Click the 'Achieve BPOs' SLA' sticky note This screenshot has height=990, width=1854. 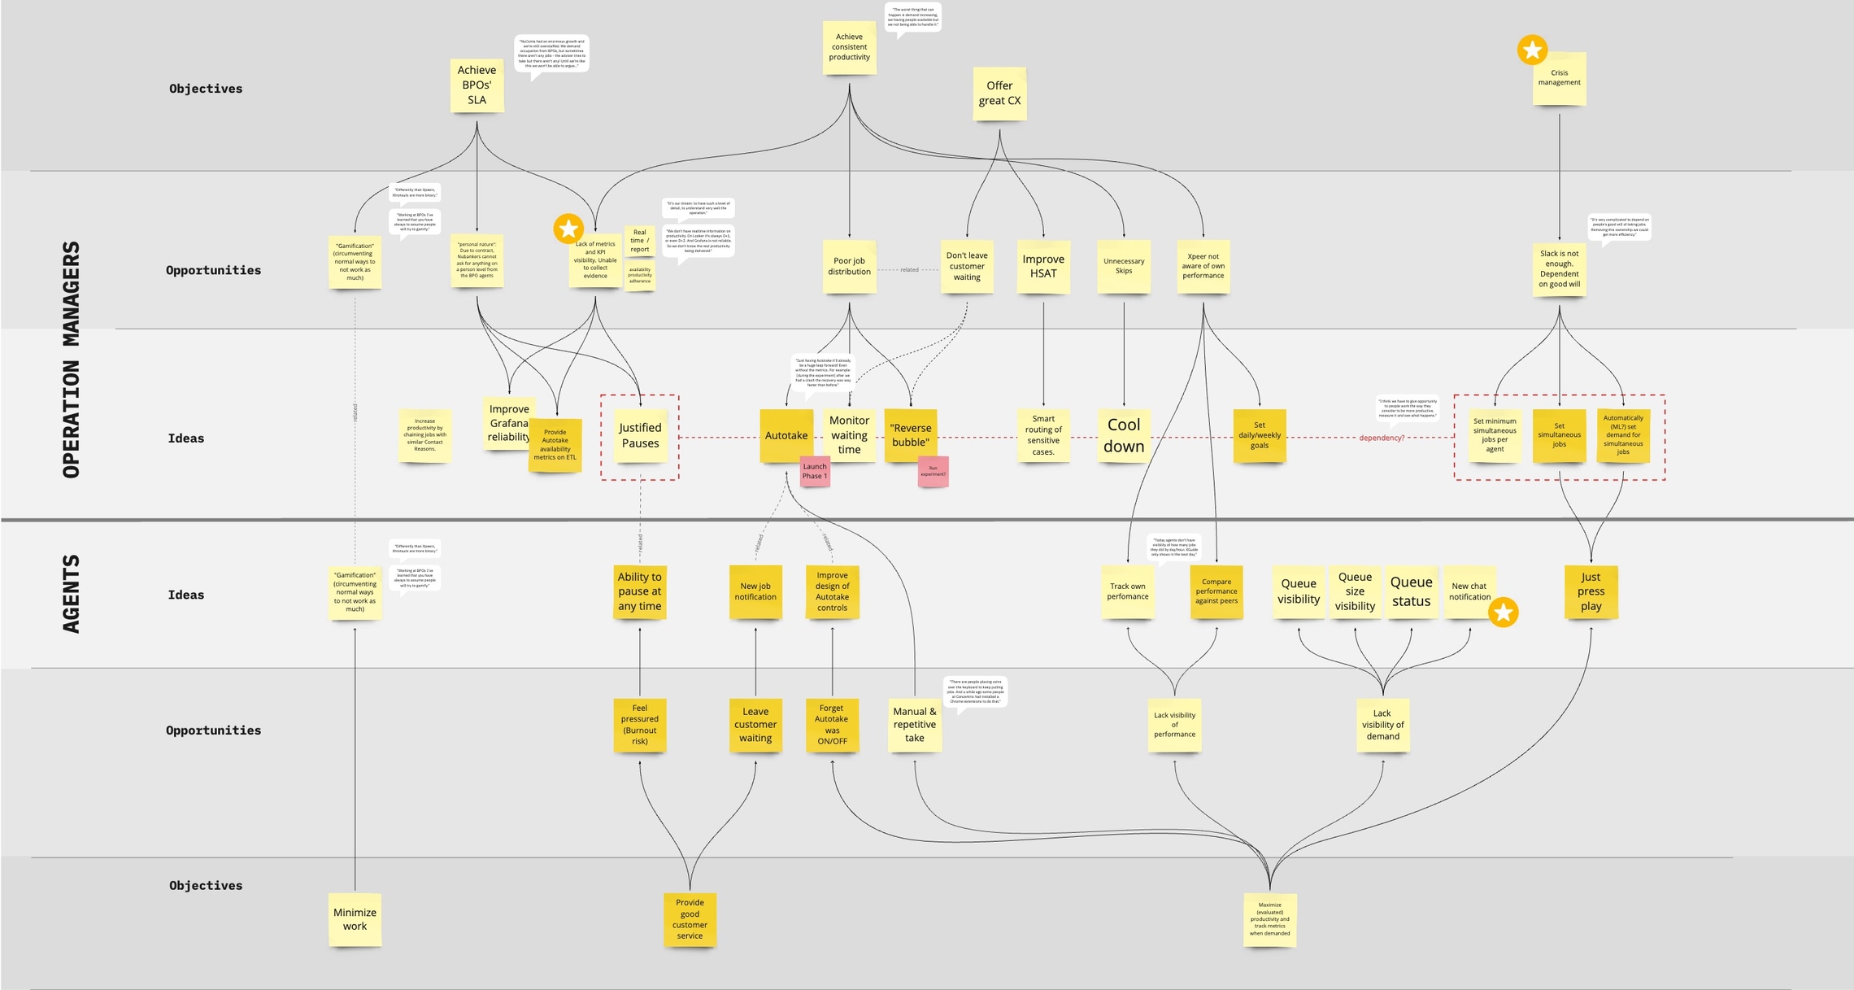click(477, 85)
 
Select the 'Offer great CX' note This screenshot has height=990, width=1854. click(999, 94)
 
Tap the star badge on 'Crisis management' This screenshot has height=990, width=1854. click(1532, 50)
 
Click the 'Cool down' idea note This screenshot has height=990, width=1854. click(1124, 435)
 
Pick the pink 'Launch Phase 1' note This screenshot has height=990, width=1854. click(815, 472)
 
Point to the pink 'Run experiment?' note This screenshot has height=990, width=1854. click(933, 472)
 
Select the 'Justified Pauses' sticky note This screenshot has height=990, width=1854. click(640, 435)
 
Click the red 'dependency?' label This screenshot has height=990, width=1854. click(1382, 438)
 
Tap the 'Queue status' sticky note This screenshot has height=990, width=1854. click(1411, 591)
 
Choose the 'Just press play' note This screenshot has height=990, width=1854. click(1591, 591)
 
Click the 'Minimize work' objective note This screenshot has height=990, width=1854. click(355, 919)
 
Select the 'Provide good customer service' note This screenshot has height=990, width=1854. click(690, 919)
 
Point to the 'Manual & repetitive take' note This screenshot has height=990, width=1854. click(915, 724)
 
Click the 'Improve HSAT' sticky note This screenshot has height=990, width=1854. click(1043, 266)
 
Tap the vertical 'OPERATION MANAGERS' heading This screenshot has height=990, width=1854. click(72, 360)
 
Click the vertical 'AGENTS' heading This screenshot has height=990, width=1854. click(72, 594)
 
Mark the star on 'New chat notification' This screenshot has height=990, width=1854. click(1504, 613)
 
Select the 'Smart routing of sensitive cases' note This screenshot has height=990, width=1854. click(1043, 435)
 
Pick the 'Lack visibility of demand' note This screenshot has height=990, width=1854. click(1382, 724)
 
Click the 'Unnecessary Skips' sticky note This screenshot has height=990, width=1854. click(1124, 266)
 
